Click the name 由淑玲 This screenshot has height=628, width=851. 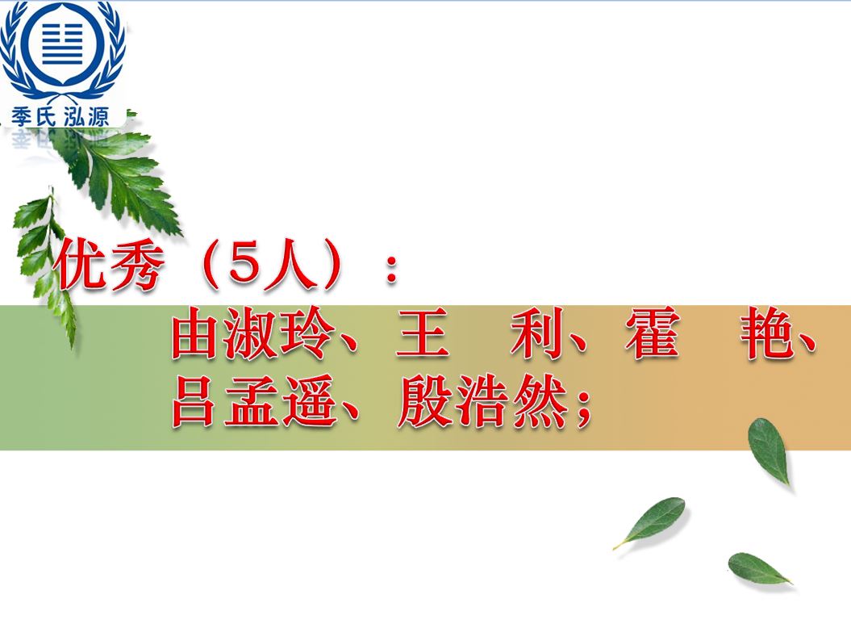tap(252, 333)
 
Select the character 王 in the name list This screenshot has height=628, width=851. tap(422, 333)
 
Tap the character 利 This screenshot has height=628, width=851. tap(536, 333)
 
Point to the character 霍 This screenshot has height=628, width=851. tap(652, 333)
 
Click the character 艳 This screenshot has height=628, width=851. tap(767, 333)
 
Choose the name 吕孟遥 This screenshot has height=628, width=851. tap(252, 401)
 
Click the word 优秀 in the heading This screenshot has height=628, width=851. tap(109, 265)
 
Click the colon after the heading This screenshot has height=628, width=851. tap(391, 269)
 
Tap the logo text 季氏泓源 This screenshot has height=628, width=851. tap(60, 116)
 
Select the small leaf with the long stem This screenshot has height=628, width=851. tap(651, 521)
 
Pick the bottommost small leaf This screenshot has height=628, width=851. tap(759, 568)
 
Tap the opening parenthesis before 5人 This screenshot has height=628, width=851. tap(213, 266)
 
